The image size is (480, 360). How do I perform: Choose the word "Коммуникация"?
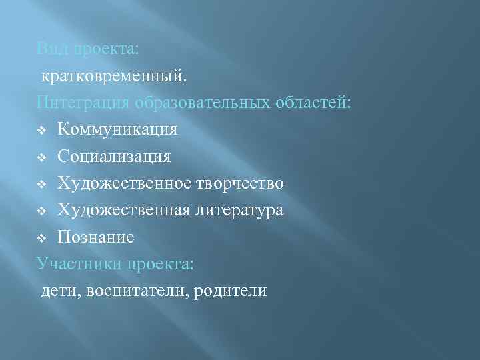(x=117, y=129)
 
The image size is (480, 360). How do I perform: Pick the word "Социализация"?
(x=114, y=156)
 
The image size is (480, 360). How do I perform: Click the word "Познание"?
(x=96, y=237)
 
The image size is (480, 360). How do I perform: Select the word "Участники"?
(x=77, y=263)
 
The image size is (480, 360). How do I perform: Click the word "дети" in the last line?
(x=58, y=291)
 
